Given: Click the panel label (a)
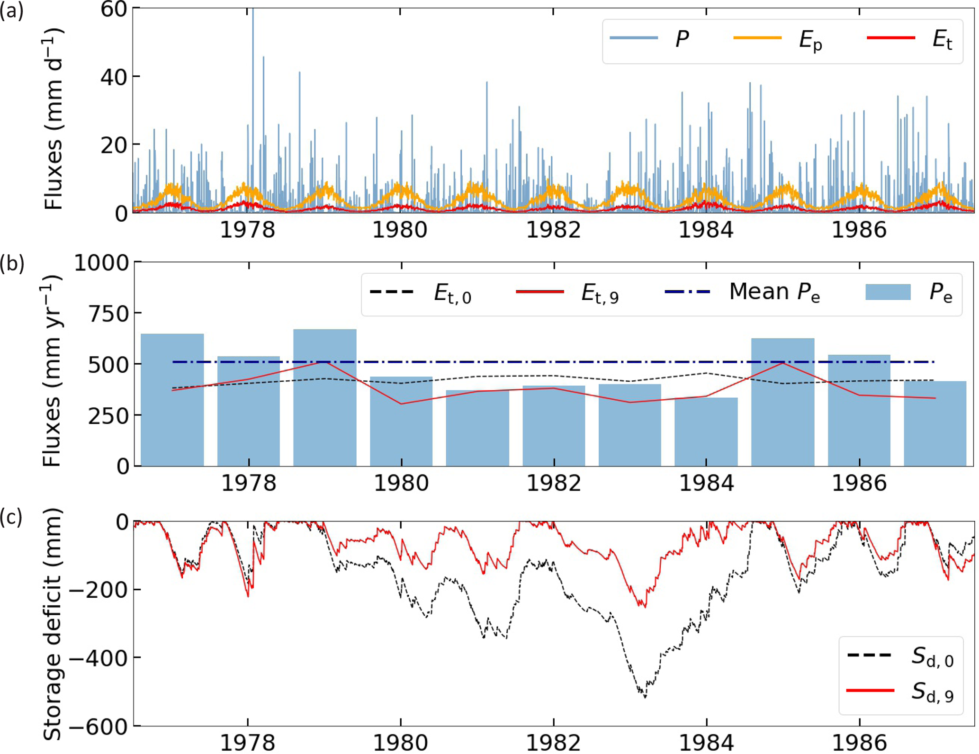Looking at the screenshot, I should click(11, 11).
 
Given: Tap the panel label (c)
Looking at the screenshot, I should click(11, 518).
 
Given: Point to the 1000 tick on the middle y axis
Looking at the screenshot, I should click(101, 262).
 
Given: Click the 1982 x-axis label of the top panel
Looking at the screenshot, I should click(553, 230).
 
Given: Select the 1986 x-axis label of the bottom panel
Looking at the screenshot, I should click(859, 743).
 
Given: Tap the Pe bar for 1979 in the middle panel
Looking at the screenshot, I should click(325, 398).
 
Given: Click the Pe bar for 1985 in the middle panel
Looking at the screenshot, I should click(783, 403).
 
